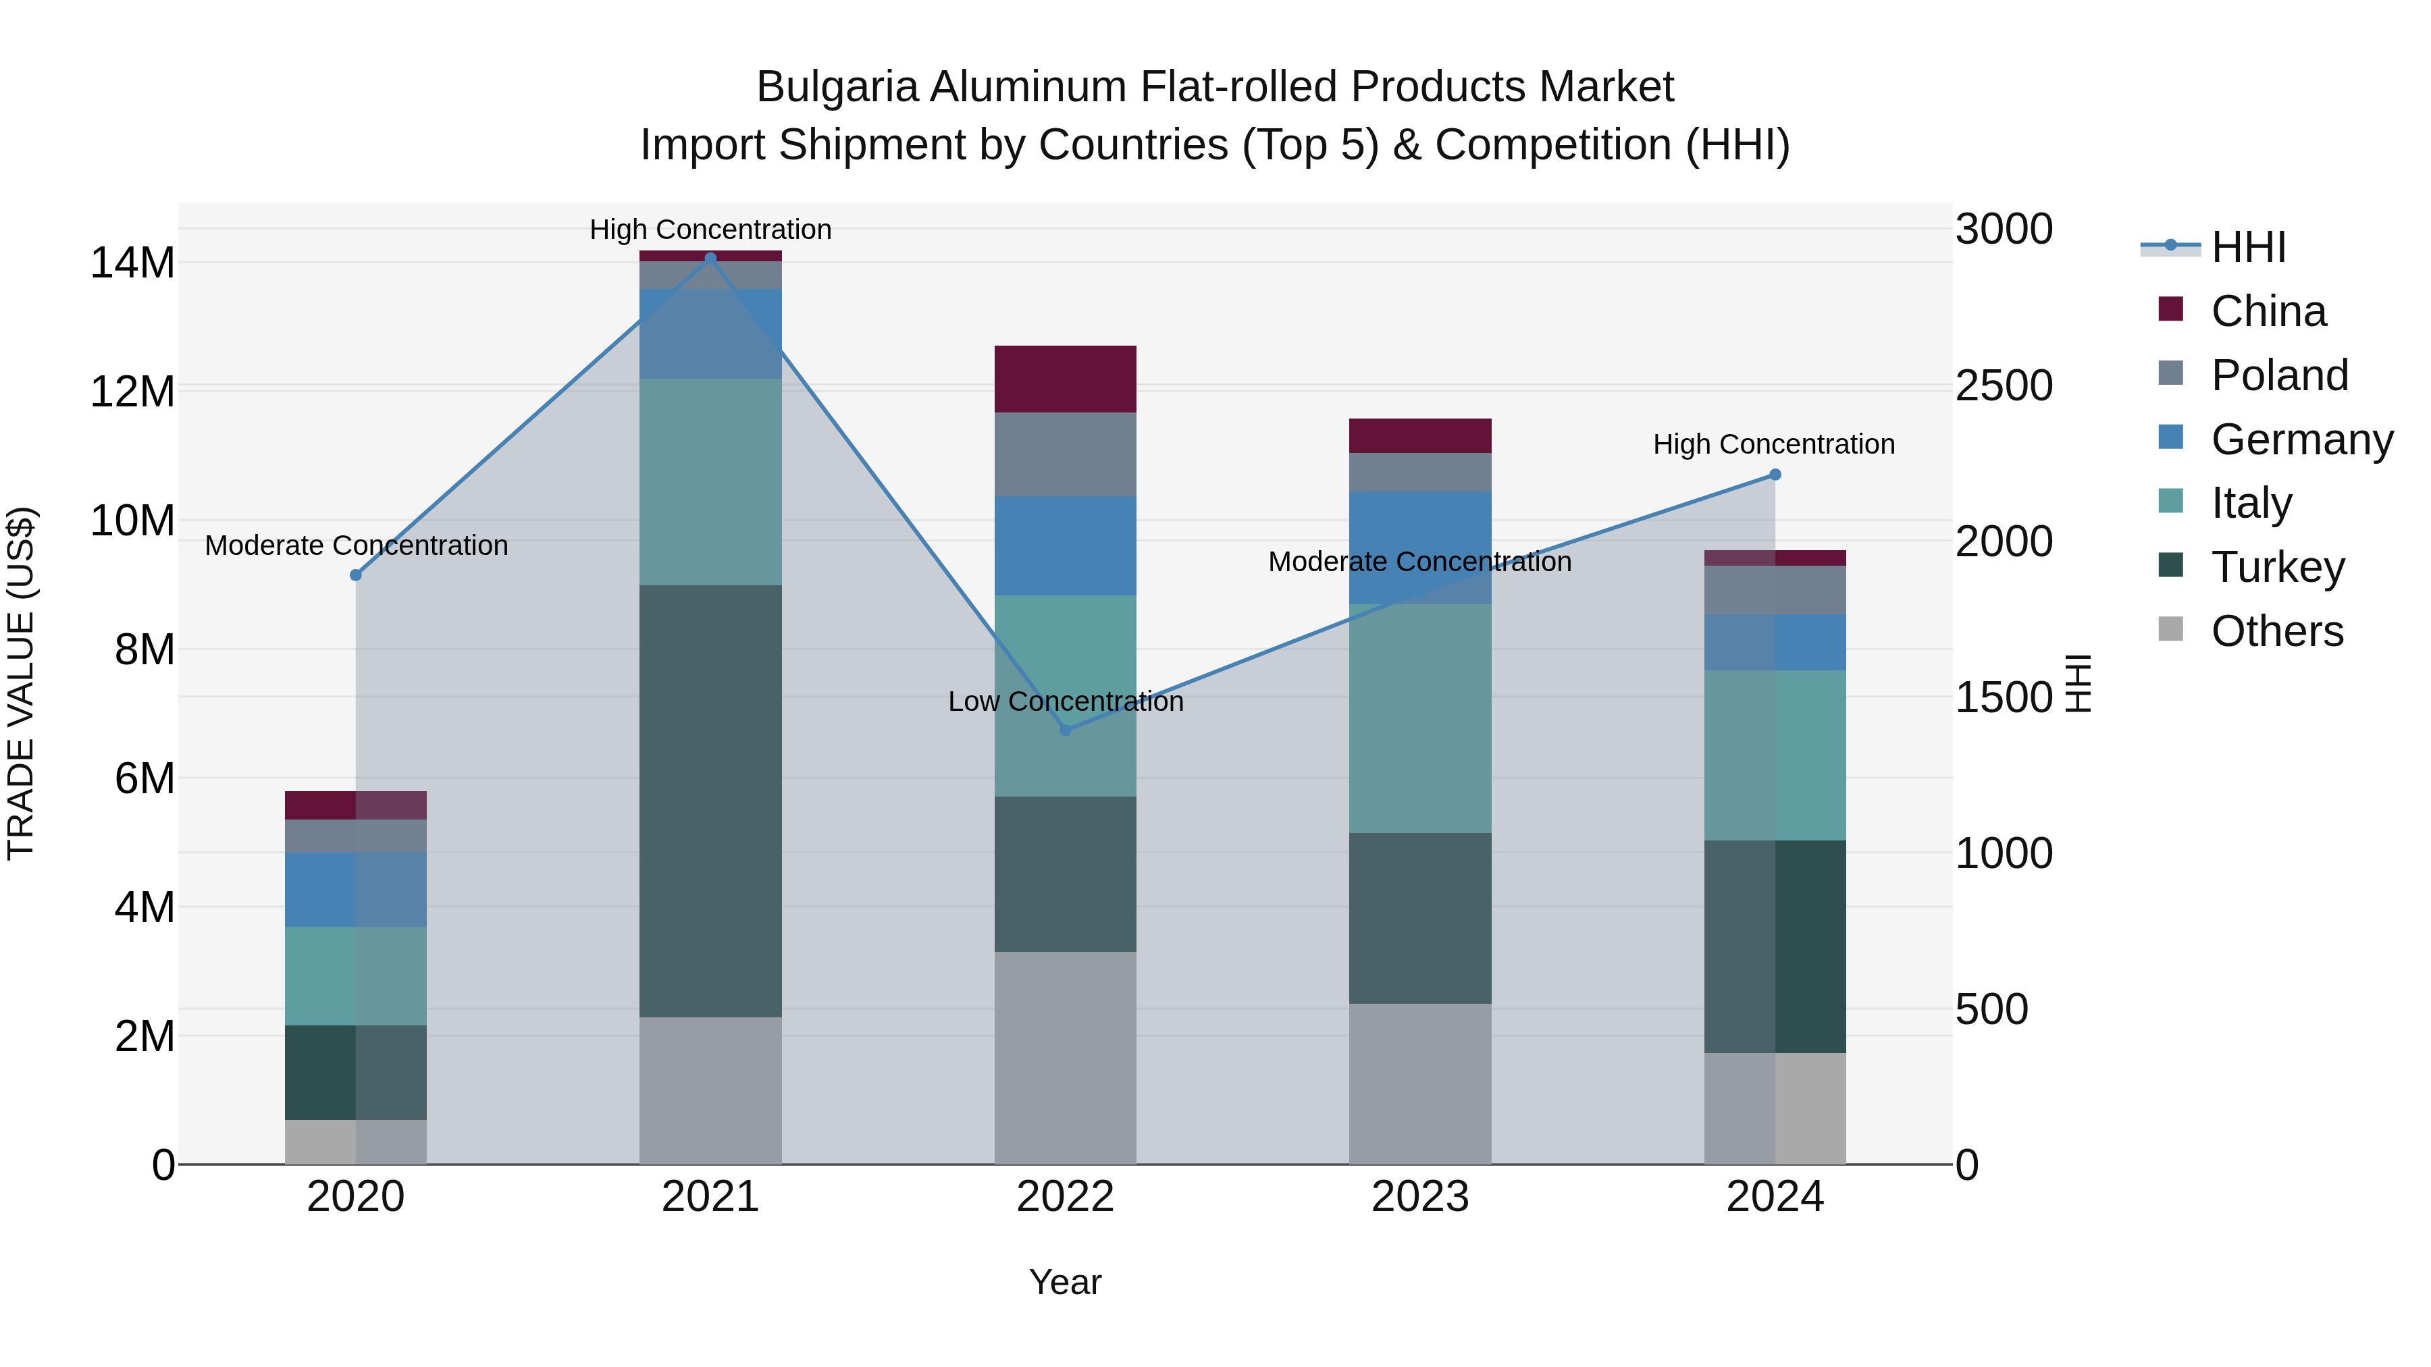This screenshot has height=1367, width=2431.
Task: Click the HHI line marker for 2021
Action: pyautogui.click(x=710, y=258)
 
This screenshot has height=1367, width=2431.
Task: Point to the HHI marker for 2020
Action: pyautogui.click(x=356, y=575)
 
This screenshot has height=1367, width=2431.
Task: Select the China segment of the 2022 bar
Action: pyautogui.click(x=1066, y=379)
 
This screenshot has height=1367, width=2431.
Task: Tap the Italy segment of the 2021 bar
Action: pyautogui.click(x=710, y=481)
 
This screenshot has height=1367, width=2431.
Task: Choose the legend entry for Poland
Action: pyautogui.click(x=2279, y=375)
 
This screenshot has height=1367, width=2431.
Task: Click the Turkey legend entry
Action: pyautogui.click(x=2277, y=567)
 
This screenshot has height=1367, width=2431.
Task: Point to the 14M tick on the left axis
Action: pyautogui.click(x=132, y=263)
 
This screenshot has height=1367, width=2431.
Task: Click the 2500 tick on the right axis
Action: pyautogui.click(x=2004, y=386)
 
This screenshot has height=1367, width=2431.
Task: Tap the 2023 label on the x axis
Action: pyautogui.click(x=1420, y=1197)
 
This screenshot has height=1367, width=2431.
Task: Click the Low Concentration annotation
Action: pyautogui.click(x=1066, y=701)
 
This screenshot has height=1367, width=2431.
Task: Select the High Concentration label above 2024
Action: pyautogui.click(x=1773, y=444)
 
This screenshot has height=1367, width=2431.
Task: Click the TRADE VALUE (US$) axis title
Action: pyautogui.click(x=21, y=683)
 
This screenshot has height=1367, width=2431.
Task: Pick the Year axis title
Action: pyautogui.click(x=1066, y=1282)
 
